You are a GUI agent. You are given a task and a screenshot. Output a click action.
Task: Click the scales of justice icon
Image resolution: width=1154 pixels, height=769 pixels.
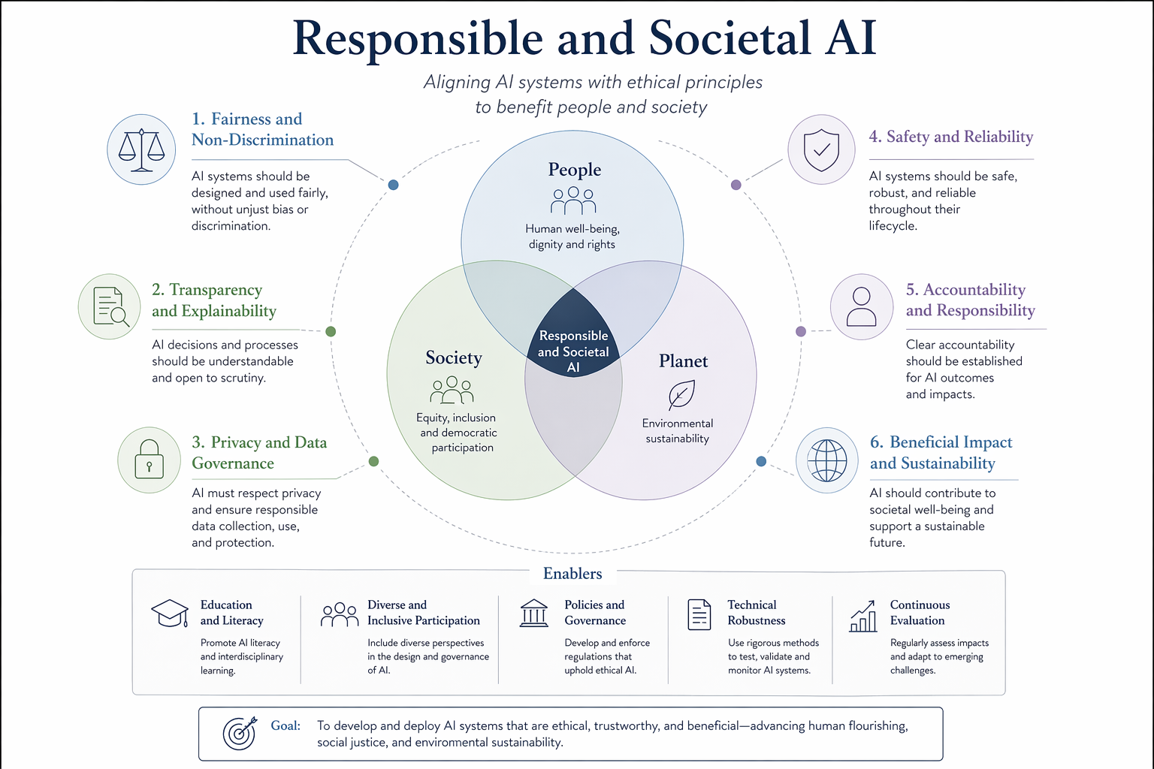[141, 150]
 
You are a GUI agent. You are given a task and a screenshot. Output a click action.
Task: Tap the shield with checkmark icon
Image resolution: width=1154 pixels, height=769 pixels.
[821, 150]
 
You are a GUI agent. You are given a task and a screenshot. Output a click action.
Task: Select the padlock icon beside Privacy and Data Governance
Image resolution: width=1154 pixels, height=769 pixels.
[149, 460]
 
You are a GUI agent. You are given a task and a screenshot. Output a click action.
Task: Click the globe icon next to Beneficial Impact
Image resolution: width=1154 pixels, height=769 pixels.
[827, 460]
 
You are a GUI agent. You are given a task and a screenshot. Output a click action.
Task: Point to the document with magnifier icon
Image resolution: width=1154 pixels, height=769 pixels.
[110, 307]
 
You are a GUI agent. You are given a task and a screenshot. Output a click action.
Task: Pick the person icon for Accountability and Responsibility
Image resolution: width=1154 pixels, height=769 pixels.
[862, 306]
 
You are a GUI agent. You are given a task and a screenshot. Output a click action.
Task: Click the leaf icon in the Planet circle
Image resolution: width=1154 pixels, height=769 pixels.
[681, 394]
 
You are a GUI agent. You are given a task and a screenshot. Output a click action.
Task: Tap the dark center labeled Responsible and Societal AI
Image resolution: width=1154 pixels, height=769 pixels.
[573, 335]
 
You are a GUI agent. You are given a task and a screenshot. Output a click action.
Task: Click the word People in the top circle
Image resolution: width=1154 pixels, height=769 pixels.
[575, 170]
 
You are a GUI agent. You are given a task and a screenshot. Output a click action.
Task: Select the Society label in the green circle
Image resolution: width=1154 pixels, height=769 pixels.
[454, 357]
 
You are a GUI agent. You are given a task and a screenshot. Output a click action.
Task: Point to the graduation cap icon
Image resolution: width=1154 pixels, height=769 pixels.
[170, 613]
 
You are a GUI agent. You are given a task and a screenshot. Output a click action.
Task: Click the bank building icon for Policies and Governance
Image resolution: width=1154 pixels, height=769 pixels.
[533, 613]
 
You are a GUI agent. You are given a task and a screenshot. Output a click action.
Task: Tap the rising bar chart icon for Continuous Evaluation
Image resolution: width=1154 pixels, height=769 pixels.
[863, 616]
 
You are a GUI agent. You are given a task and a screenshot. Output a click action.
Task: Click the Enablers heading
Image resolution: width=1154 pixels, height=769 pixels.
[572, 573]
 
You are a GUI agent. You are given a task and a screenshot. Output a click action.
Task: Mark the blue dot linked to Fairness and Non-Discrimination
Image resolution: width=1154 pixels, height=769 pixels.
[393, 185]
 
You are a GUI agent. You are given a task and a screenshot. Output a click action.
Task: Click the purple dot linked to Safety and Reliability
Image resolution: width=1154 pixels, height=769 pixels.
[736, 185]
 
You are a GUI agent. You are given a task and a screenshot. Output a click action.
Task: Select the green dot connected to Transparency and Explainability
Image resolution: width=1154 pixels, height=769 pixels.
[331, 332]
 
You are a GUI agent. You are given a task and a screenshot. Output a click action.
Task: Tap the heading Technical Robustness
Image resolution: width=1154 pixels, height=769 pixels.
[757, 612]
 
